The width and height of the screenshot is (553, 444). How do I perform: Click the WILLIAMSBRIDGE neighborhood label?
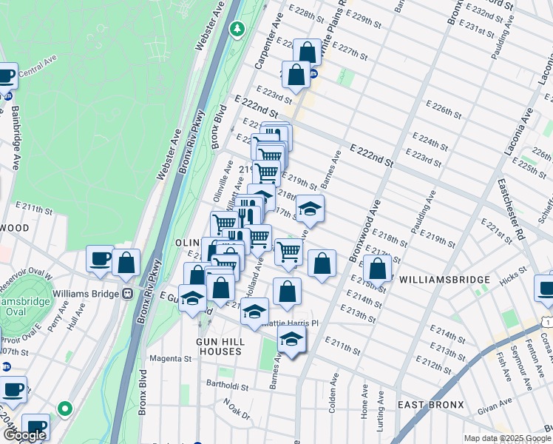(x=444, y=280)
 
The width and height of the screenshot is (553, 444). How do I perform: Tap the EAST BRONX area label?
(x=430, y=405)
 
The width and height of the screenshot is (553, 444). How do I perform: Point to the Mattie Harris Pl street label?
(x=294, y=323)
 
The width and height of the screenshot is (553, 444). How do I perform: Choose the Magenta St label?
(x=172, y=359)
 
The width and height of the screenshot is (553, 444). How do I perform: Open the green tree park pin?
(x=237, y=30)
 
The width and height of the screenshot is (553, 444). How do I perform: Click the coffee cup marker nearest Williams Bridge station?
(x=100, y=259)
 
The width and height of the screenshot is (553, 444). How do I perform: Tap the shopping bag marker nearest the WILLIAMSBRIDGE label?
(x=377, y=268)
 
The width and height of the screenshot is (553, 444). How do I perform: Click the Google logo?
(x=24, y=435)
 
